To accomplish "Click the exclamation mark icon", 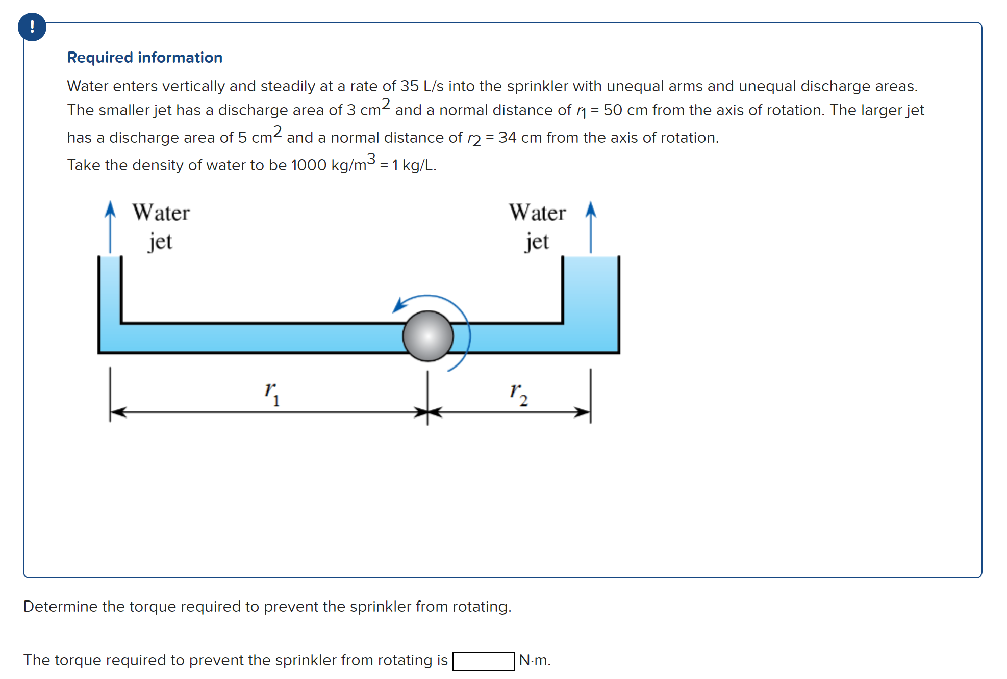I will pyautogui.click(x=32, y=27).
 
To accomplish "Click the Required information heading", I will pyautogui.click(x=144, y=58).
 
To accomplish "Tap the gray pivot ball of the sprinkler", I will pyautogui.click(x=427, y=336).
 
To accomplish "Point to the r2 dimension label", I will pyautogui.click(x=518, y=394).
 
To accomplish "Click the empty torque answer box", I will pyautogui.click(x=483, y=661).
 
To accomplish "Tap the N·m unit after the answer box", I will pyautogui.click(x=534, y=660).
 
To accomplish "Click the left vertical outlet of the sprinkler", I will pyautogui.click(x=109, y=288).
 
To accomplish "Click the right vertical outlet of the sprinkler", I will pyautogui.click(x=591, y=288).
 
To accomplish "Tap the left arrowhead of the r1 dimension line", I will pyautogui.click(x=117, y=412).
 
